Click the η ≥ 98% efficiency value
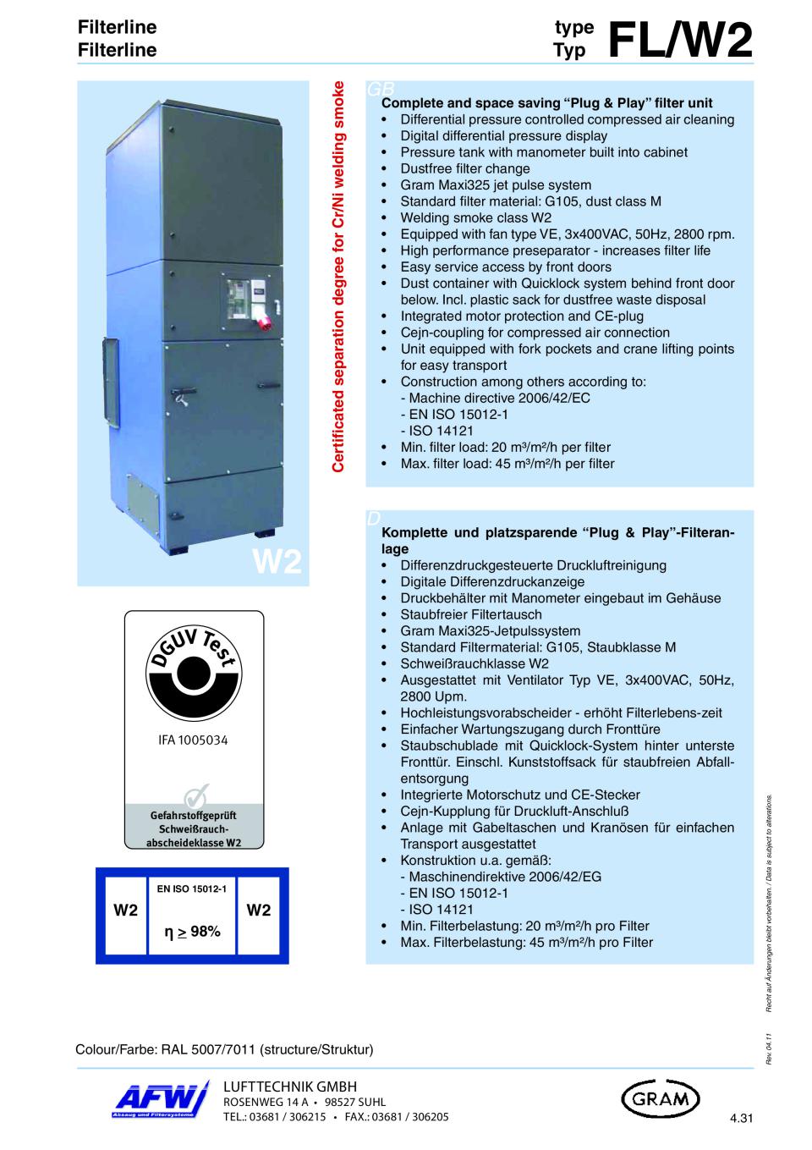(x=194, y=932)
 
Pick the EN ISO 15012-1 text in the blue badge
(x=192, y=888)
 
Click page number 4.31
(x=740, y=1120)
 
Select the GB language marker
(x=377, y=89)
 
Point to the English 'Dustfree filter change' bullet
(x=465, y=168)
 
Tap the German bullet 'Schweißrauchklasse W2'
(x=475, y=663)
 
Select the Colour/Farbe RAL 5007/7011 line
(x=224, y=1049)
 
